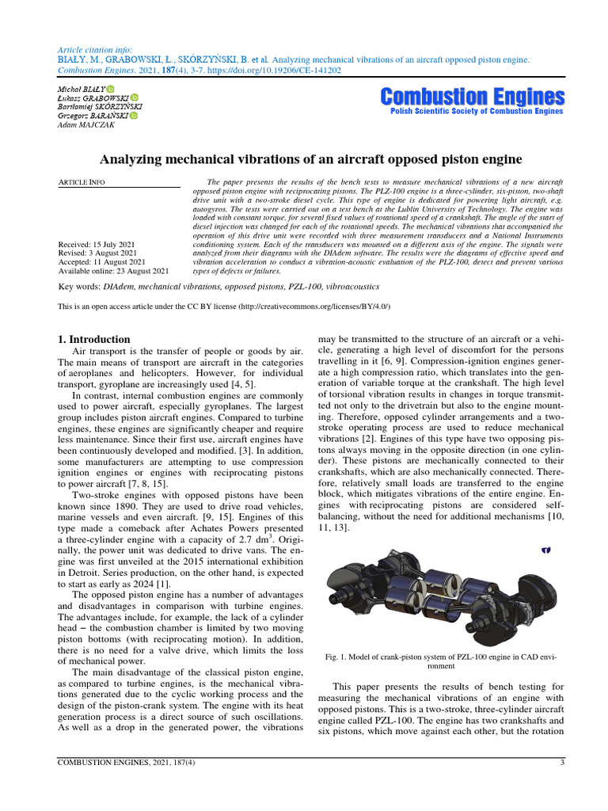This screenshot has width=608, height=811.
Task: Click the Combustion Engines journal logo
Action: coord(473,97)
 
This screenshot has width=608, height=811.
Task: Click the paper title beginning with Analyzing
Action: coord(304,159)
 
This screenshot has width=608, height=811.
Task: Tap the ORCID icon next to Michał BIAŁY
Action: coord(110,88)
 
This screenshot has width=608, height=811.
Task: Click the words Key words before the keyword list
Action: coord(79,287)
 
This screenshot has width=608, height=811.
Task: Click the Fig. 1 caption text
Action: coord(441,661)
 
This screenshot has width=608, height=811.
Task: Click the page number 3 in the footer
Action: coord(561,763)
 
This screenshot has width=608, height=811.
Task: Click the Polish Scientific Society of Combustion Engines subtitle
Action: coord(477,112)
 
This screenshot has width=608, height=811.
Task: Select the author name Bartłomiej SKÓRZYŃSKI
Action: coord(101,106)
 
